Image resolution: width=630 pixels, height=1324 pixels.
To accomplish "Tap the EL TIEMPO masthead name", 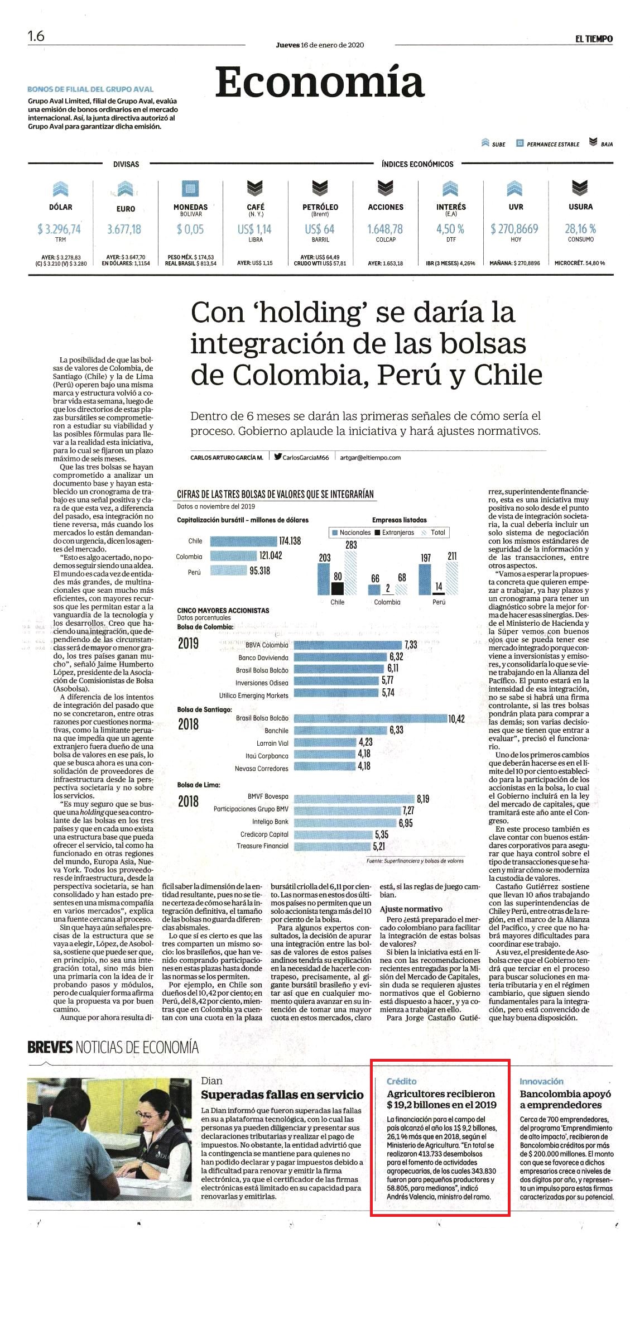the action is (x=594, y=39).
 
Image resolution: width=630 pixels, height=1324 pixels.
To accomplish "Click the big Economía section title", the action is (x=320, y=81).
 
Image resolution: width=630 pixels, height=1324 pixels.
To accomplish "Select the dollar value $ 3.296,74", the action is (x=59, y=229).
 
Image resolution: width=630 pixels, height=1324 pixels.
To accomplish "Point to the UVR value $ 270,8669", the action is (x=514, y=229).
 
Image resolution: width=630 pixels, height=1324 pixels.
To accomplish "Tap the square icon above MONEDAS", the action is (x=190, y=189).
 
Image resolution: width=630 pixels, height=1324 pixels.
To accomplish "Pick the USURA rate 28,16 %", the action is (x=580, y=229).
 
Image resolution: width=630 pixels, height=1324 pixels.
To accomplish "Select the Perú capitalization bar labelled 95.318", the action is (x=228, y=570).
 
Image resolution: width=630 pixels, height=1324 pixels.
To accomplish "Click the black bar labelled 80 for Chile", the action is (x=337, y=588).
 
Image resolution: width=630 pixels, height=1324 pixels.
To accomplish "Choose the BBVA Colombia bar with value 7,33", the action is (x=347, y=645).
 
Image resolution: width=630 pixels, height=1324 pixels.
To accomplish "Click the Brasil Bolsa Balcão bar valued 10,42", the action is (x=370, y=718).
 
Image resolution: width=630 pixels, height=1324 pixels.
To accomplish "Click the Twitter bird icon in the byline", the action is (x=278, y=457).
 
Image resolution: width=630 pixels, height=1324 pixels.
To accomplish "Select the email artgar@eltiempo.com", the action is (x=371, y=457).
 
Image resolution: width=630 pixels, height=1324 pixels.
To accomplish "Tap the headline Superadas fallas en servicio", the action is (x=282, y=1095).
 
